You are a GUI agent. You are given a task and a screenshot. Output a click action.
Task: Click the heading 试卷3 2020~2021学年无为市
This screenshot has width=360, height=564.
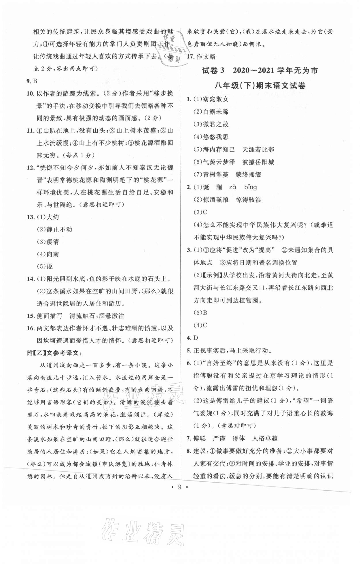[260, 71]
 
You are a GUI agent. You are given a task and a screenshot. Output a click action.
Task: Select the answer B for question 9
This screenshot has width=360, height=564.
[35, 81]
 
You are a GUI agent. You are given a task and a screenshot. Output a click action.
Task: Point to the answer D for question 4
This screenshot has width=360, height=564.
[196, 338]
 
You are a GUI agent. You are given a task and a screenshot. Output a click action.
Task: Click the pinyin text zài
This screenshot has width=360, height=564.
[233, 187]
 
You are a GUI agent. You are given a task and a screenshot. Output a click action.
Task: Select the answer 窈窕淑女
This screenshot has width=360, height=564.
[215, 99]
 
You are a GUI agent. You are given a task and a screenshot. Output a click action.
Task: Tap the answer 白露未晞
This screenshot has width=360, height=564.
[215, 112]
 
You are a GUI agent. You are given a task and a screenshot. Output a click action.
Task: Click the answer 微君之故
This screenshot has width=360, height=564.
[215, 124]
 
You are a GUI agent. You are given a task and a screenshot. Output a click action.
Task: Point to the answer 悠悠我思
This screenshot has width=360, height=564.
[215, 137]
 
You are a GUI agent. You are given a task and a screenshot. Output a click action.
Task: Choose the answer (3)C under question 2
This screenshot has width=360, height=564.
[200, 212]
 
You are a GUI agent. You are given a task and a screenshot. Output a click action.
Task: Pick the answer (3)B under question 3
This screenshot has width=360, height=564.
[200, 313]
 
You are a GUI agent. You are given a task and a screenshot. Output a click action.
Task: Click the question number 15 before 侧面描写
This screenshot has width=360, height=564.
[30, 316]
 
